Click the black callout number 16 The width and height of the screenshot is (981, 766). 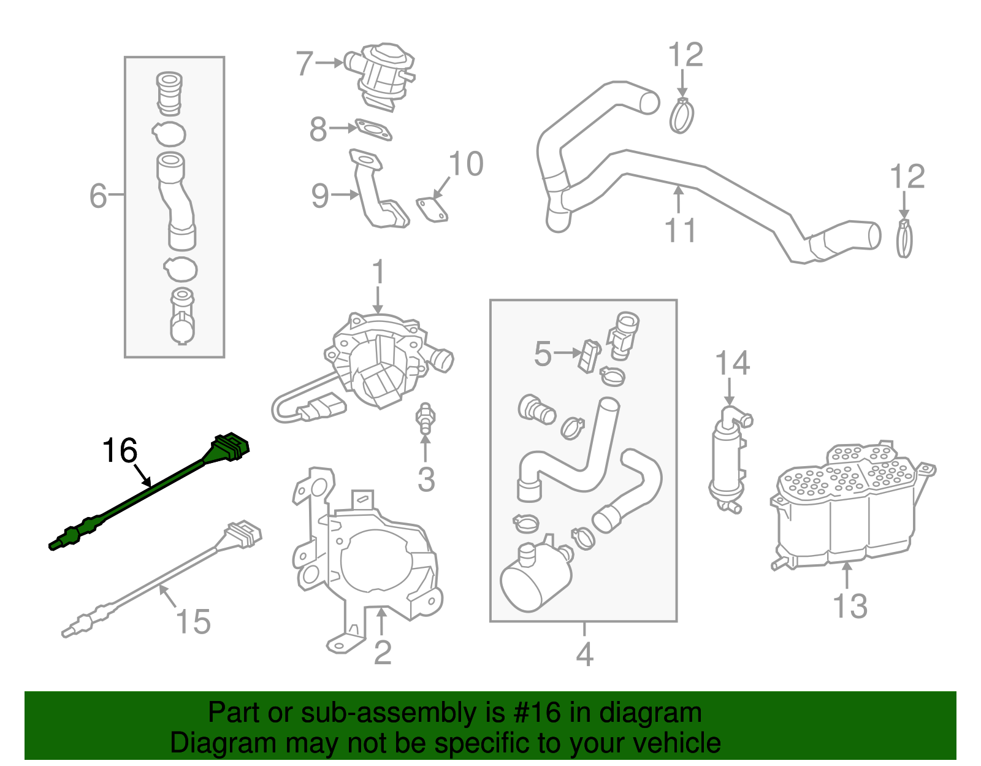[120, 451]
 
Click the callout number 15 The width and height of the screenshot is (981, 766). [193, 622]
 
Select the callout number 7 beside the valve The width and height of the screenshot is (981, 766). [305, 64]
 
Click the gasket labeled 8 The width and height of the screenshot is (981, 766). [373, 130]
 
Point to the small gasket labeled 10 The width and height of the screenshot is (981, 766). [432, 208]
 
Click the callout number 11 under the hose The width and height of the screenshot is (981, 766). [680, 231]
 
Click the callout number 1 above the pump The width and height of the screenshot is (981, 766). [378, 272]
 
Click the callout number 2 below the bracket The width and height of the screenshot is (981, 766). [382, 653]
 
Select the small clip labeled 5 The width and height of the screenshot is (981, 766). [589, 356]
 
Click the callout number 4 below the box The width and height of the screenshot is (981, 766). [584, 655]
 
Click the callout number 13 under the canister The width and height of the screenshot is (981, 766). [850, 606]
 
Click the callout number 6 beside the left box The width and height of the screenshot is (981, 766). [98, 196]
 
